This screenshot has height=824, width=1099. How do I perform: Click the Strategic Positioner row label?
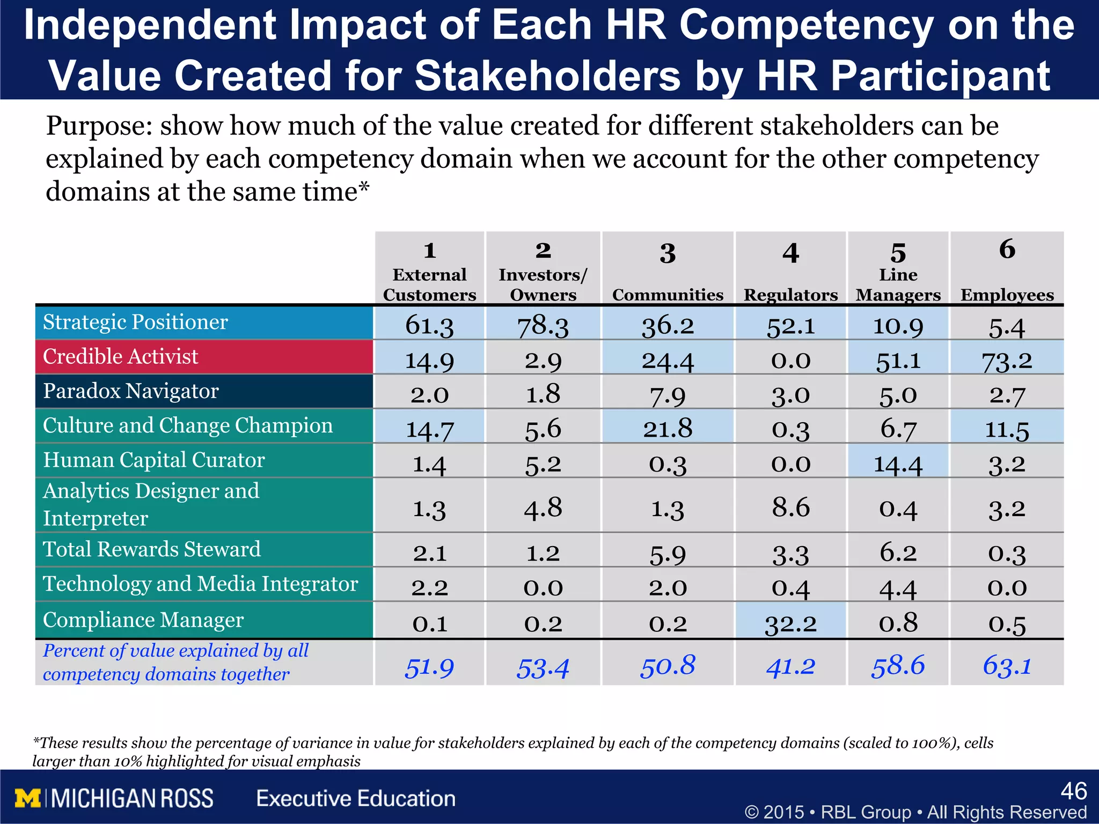point(135,322)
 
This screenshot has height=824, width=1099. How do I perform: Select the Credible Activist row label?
point(120,357)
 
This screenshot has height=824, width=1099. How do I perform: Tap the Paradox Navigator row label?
point(130,391)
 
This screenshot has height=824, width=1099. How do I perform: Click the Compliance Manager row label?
point(143,620)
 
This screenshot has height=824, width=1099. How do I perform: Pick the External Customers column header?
point(429,284)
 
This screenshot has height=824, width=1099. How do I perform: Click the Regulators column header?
point(790,295)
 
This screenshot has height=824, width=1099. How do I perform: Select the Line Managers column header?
point(898,284)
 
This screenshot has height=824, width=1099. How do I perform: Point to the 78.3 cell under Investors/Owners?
point(543,326)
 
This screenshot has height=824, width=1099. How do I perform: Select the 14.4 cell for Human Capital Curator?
point(898,464)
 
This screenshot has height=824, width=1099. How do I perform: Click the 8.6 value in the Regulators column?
point(790,507)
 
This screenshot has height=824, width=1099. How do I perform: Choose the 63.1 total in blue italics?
point(1007,666)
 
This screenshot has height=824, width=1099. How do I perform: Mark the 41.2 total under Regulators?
point(790,666)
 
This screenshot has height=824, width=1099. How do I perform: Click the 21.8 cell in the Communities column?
point(668,429)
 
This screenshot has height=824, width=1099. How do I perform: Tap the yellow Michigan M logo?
point(28,798)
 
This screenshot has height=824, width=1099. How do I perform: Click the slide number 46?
point(1074,791)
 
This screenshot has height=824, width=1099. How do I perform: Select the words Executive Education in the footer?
point(356,798)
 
